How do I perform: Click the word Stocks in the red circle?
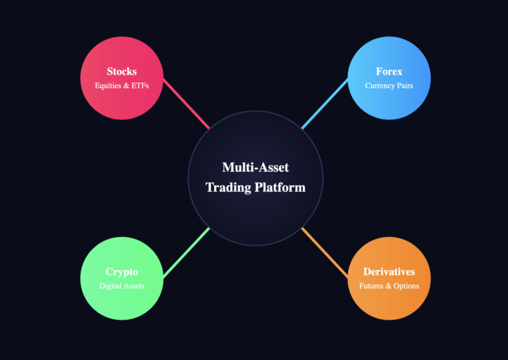point(122,71)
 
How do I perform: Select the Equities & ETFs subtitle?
point(122,86)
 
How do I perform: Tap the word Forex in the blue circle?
point(389,71)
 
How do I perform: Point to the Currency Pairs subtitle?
point(389,86)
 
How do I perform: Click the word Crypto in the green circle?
point(122,271)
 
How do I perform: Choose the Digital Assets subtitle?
point(122,286)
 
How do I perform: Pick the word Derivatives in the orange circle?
point(389,271)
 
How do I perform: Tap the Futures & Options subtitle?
point(389,286)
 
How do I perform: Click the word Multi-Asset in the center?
point(255,168)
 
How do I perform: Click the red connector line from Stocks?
point(186,104)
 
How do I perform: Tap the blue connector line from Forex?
point(325,104)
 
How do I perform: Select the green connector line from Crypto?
point(186,253)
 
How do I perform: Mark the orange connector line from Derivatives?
point(325,253)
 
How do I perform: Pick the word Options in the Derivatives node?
point(405,286)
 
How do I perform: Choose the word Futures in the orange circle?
point(372,286)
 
